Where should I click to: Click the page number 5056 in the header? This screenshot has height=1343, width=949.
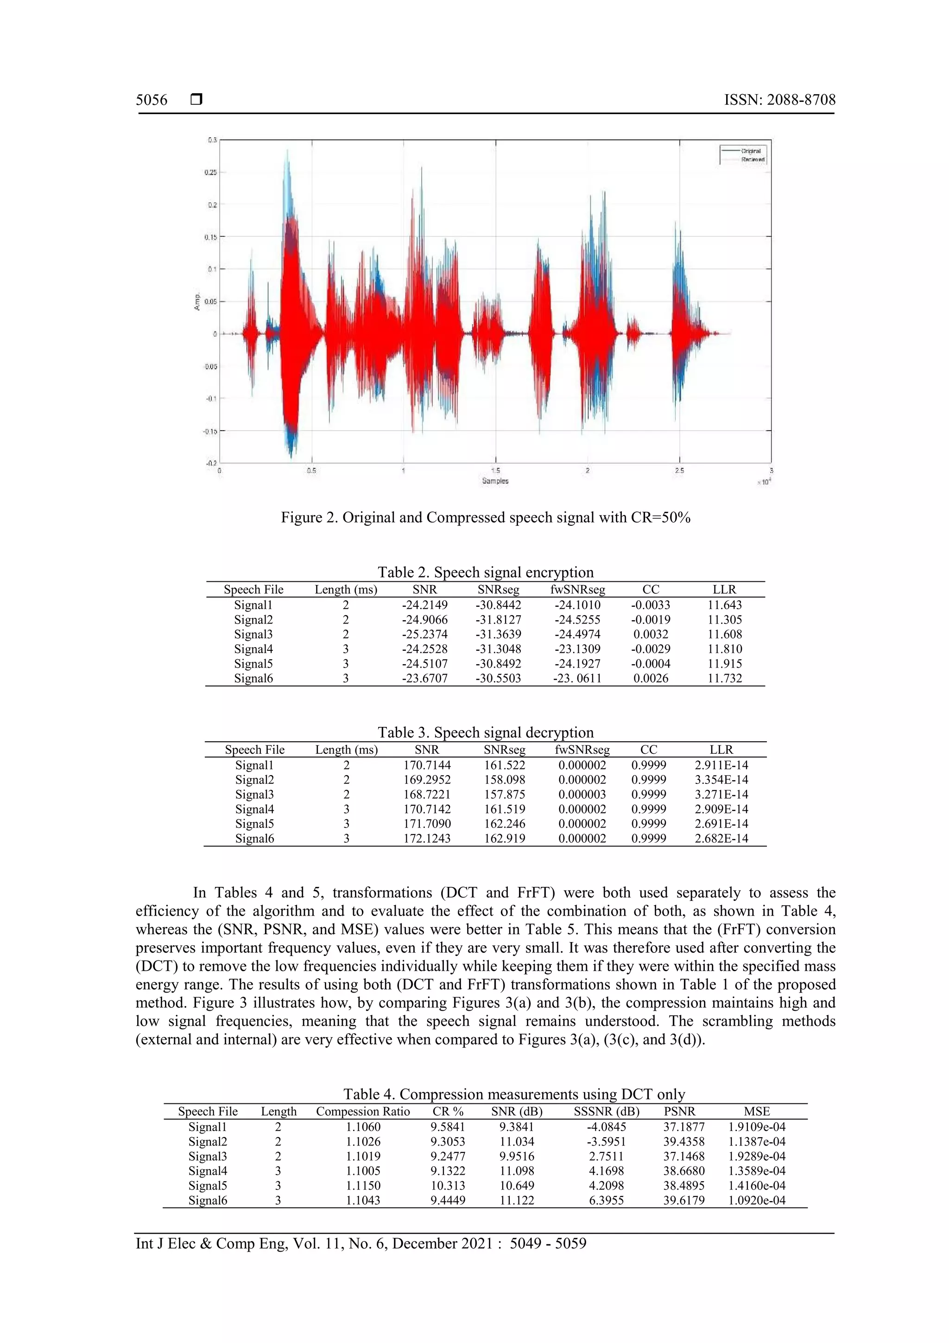[152, 100]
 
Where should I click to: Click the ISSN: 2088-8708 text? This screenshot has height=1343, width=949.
[779, 100]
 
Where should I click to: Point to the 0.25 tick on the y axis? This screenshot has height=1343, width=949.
[210, 172]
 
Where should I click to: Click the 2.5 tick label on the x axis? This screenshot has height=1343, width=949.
[679, 470]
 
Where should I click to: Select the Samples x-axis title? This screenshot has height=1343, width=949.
[495, 481]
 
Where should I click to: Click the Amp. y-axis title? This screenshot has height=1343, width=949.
[198, 301]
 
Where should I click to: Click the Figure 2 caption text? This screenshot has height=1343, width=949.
[485, 518]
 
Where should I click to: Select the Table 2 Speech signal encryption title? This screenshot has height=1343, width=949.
[485, 572]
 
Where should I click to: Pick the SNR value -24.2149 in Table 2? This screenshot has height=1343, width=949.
[424, 605]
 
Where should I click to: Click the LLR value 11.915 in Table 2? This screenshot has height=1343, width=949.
[724, 664]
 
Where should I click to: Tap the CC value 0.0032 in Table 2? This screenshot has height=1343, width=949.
[651, 635]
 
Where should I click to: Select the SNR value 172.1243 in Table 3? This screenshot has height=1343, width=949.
[427, 838]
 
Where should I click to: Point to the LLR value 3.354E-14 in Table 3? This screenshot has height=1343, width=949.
[721, 780]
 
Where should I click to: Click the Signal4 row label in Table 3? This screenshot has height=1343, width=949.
[254, 809]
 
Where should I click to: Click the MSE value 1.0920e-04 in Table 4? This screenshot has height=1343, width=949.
[757, 1200]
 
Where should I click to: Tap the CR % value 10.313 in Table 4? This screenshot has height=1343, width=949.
[448, 1186]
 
